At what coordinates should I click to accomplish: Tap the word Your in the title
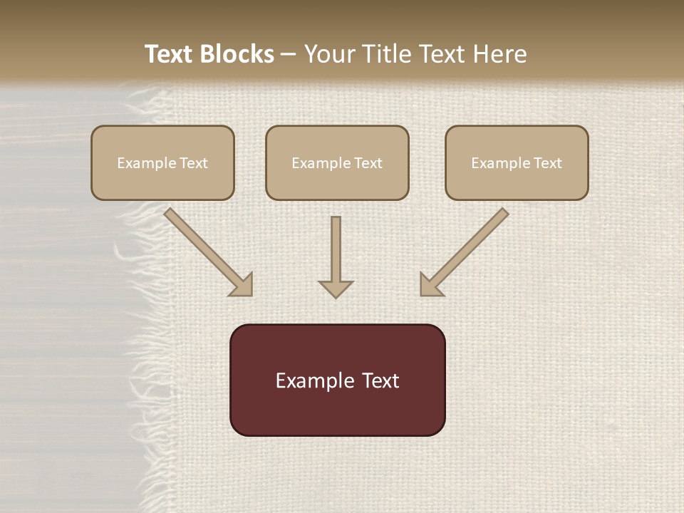pyautogui.click(x=331, y=54)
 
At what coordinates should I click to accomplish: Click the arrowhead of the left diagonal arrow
pyautogui.click(x=242, y=285)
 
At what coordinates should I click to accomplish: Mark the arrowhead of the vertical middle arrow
pyautogui.click(x=336, y=289)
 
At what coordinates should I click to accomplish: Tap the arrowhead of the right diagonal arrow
pyautogui.click(x=430, y=285)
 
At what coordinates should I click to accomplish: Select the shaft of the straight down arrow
pyautogui.click(x=336, y=246)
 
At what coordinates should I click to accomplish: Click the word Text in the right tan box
pyautogui.click(x=548, y=163)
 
